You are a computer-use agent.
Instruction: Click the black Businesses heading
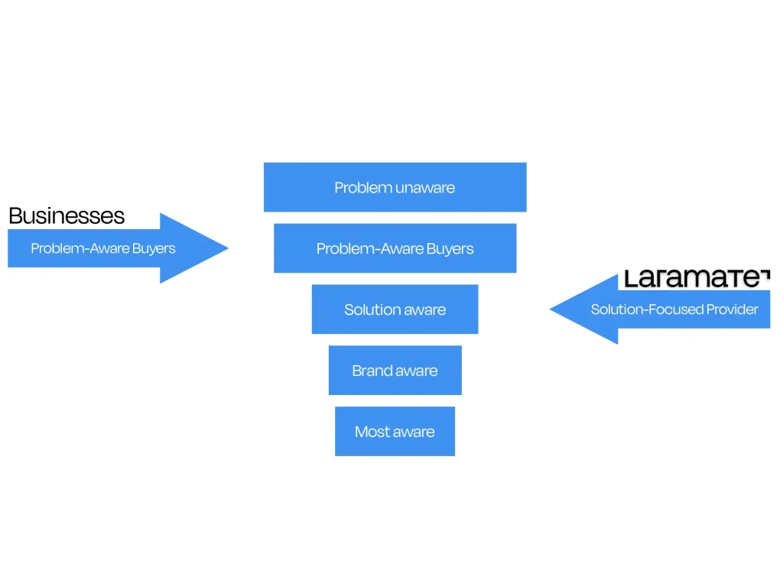pyautogui.click(x=67, y=215)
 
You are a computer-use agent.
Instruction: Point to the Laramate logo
pyautogui.click(x=697, y=278)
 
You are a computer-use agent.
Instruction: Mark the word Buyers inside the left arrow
pyautogui.click(x=154, y=248)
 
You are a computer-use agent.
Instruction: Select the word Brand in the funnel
pyautogui.click(x=371, y=371)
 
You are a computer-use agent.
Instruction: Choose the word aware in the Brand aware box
pyautogui.click(x=416, y=371)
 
